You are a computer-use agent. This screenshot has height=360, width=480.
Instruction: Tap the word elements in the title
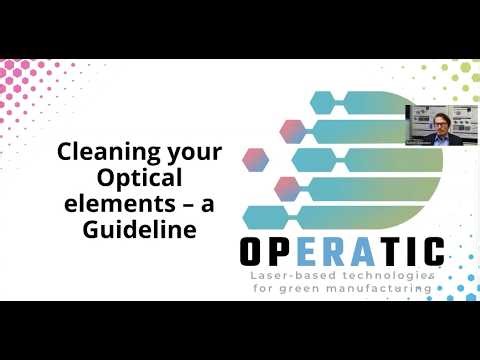(102, 203)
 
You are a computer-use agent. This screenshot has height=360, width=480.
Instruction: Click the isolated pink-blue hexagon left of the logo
(256, 159)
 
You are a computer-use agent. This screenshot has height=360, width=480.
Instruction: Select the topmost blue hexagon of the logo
(323, 102)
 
